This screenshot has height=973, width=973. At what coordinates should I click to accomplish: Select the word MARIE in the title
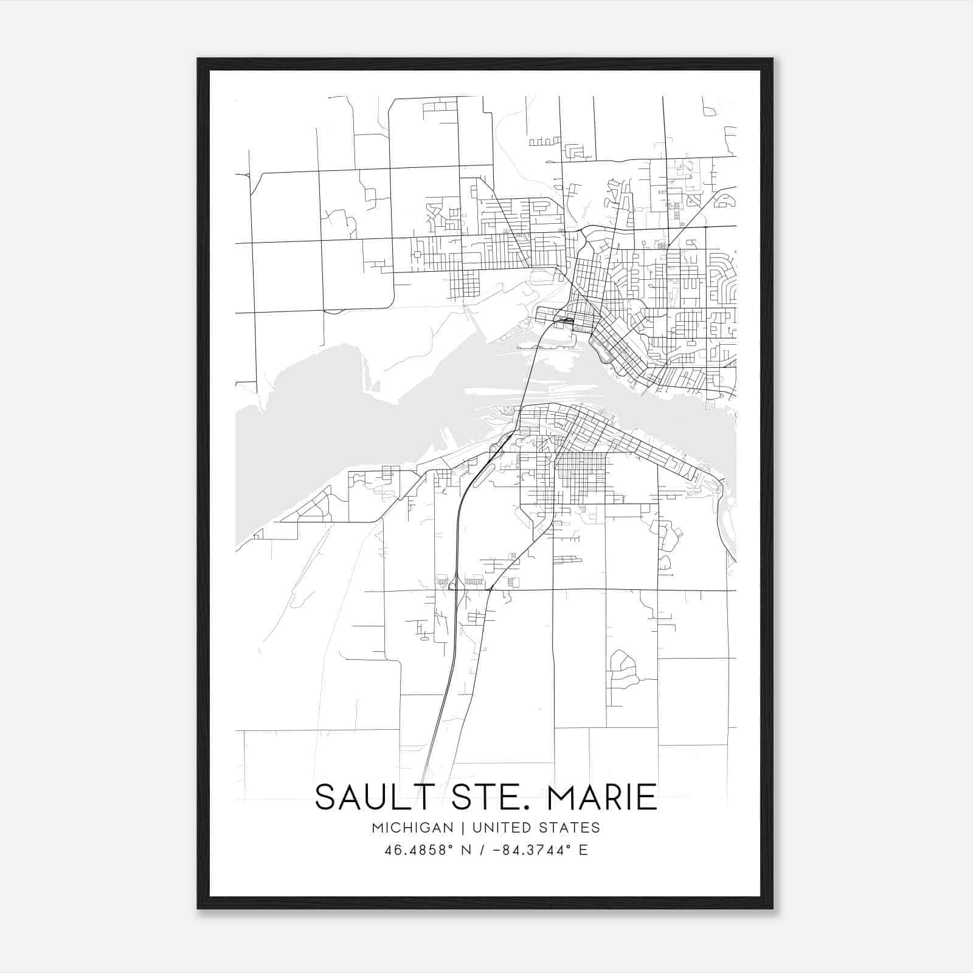point(601,797)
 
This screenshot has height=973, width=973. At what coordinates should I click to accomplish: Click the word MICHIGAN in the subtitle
point(413,828)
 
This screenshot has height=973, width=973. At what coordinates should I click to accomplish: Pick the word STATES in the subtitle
point(570,828)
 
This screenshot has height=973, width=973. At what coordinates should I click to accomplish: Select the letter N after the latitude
point(467,850)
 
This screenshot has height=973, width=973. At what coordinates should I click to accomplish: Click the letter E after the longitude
point(583,850)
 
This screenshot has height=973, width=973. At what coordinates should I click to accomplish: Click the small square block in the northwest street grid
point(417,254)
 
